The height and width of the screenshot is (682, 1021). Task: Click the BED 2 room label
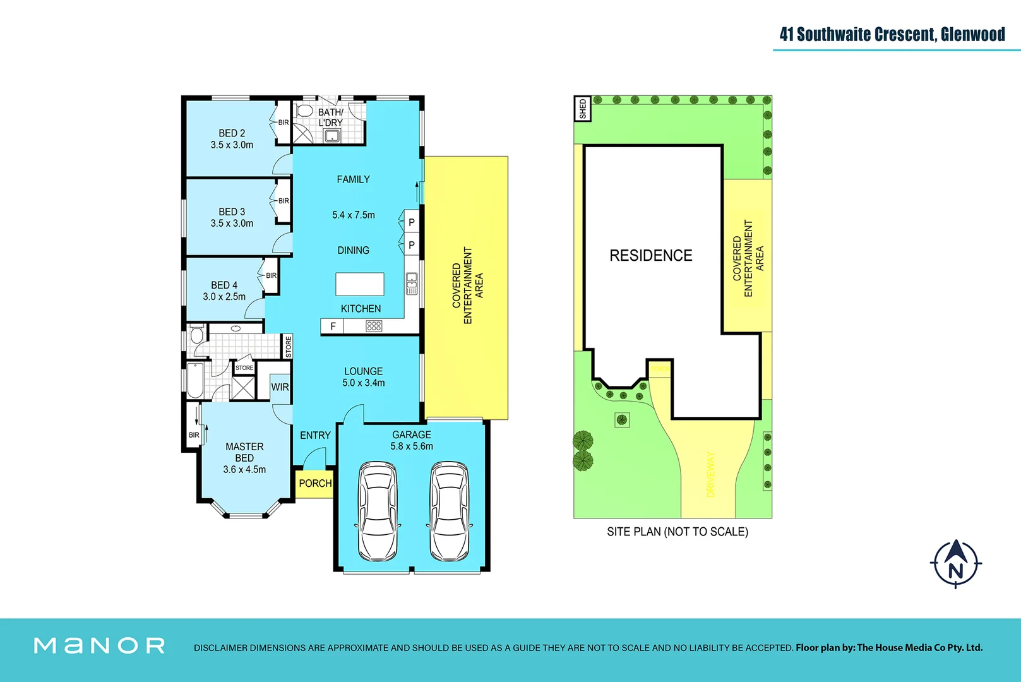(x=232, y=133)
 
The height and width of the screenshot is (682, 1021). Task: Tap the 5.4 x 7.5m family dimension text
(x=353, y=215)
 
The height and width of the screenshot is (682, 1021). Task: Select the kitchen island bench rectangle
(x=359, y=284)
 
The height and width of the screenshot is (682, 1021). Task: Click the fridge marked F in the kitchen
(x=332, y=326)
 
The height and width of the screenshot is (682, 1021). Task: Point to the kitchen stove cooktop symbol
(x=374, y=326)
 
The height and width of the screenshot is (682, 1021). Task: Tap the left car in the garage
(x=378, y=512)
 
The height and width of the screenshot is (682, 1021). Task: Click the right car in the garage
(x=449, y=512)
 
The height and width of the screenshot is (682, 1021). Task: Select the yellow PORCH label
(x=314, y=483)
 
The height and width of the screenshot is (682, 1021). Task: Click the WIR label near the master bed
(x=280, y=387)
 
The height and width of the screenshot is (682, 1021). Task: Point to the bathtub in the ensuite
(x=195, y=380)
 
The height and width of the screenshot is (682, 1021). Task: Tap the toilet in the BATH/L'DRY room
(x=305, y=111)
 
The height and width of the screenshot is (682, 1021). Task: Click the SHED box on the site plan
(x=582, y=109)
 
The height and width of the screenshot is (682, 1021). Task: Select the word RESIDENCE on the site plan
(x=650, y=255)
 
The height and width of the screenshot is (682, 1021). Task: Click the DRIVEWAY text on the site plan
(x=711, y=474)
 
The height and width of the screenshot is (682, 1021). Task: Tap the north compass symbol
(x=955, y=563)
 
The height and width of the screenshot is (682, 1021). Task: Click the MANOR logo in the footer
(x=100, y=645)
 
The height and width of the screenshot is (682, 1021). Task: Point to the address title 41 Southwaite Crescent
(x=892, y=34)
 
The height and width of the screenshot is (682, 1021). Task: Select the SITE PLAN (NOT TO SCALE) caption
(x=677, y=532)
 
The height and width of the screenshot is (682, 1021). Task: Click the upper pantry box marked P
(x=412, y=222)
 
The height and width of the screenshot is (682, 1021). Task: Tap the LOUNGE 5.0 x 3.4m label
(x=363, y=377)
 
